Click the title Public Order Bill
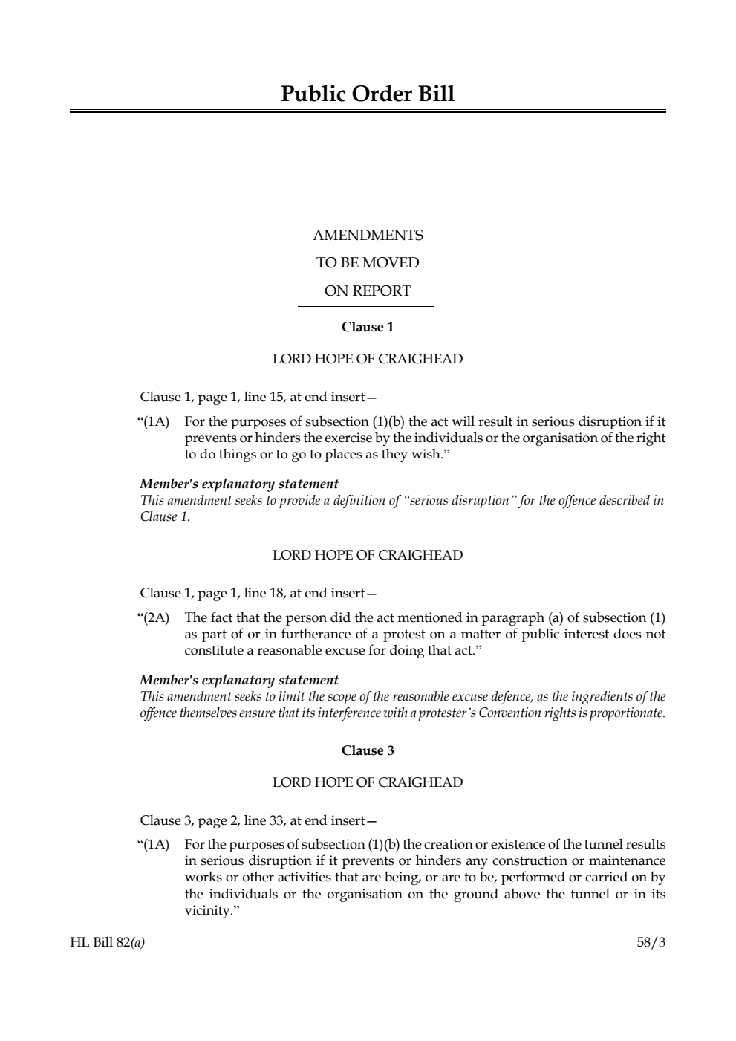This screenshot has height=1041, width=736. tap(368, 94)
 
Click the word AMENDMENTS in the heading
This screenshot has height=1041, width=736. tap(368, 236)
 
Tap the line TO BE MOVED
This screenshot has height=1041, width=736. tap(368, 263)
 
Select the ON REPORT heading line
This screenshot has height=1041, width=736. tap(368, 291)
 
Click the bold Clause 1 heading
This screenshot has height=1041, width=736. tap(368, 327)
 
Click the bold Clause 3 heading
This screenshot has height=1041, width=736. tap(368, 750)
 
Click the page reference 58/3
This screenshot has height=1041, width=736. tap(651, 943)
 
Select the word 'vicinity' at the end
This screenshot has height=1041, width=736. tap(206, 910)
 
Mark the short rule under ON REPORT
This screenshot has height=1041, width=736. tap(366, 306)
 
